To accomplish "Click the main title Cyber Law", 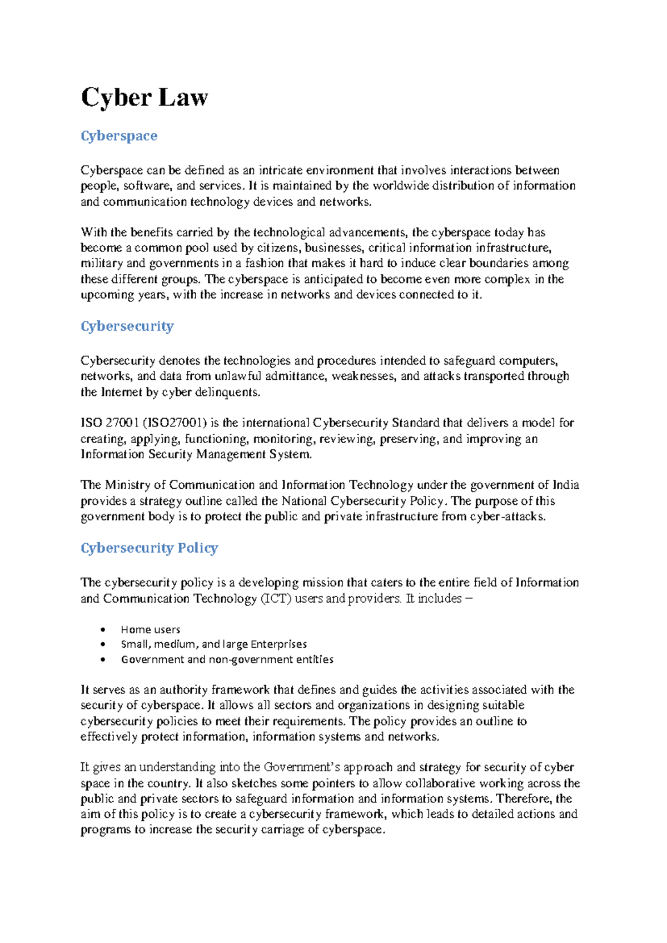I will (145, 98).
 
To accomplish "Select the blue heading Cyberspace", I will (119, 136).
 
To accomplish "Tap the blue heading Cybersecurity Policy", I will (149, 548).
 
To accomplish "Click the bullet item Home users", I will (150, 629).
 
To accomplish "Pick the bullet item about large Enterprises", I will (213, 644).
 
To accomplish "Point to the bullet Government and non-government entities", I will (227, 659).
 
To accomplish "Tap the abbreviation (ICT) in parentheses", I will (275, 599).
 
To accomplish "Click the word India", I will (566, 485).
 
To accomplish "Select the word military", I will (101, 264).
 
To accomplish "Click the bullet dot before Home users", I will (103, 630).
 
